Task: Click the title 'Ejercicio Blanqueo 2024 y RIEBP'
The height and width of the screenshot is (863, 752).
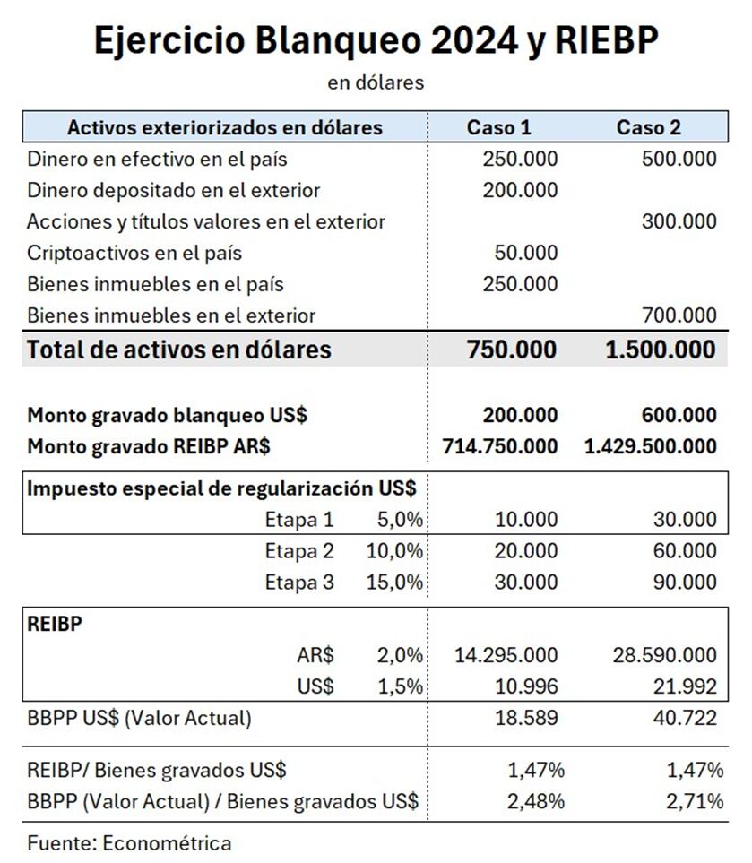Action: (376, 40)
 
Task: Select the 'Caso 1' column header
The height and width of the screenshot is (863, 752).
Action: (498, 127)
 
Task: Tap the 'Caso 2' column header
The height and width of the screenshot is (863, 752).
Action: (648, 127)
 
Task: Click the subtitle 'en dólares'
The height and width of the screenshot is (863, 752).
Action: (376, 82)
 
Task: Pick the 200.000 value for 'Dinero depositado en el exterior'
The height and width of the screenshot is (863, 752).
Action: (520, 190)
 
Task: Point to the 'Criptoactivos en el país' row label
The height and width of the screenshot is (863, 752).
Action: (134, 253)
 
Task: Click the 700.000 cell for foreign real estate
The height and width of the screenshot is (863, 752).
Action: (679, 315)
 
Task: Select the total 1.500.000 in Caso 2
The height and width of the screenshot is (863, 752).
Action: (661, 350)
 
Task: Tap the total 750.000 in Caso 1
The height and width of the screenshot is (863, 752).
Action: (511, 350)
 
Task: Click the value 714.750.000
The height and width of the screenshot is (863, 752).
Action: (500, 445)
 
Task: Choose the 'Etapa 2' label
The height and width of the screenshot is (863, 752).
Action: (299, 550)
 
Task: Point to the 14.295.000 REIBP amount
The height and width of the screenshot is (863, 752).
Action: (507, 655)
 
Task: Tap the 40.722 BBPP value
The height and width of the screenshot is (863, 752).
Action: (687, 718)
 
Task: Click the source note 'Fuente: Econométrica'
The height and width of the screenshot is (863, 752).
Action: (129, 843)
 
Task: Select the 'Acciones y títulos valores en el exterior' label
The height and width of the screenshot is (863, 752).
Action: (206, 221)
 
